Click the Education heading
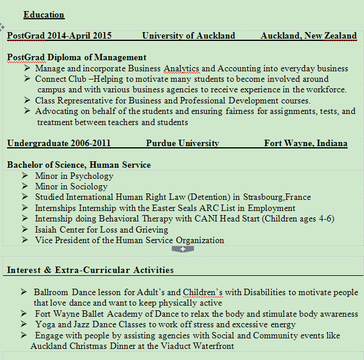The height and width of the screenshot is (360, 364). (x=44, y=15)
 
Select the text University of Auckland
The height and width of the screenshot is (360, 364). (x=188, y=36)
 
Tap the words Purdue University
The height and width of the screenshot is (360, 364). (x=182, y=143)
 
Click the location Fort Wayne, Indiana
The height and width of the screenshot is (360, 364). (x=305, y=143)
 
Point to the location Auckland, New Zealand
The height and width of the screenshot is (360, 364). (x=308, y=36)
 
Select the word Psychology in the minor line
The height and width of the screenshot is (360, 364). (x=89, y=176)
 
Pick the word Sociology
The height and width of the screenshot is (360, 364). (x=88, y=186)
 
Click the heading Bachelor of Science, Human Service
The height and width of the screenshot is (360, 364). (x=79, y=165)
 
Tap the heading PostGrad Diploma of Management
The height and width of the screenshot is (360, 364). (x=77, y=57)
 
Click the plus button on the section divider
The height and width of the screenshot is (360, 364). (x=183, y=249)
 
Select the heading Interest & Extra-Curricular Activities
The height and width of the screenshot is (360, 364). (x=90, y=270)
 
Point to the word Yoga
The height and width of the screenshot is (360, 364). (x=45, y=324)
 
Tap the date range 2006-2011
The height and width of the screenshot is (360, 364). (x=91, y=143)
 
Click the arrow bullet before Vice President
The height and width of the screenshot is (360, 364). (x=25, y=240)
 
